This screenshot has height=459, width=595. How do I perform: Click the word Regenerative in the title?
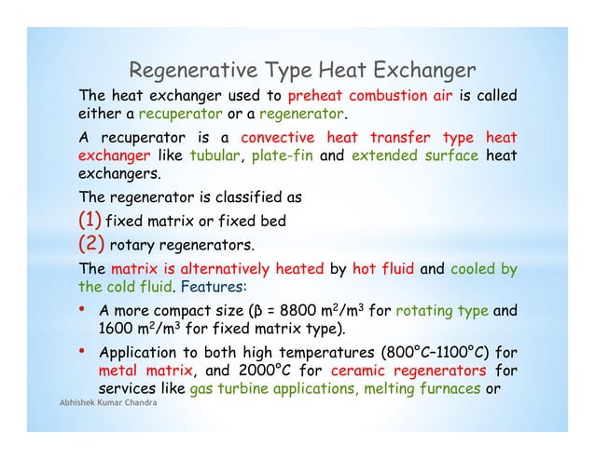(x=187, y=71)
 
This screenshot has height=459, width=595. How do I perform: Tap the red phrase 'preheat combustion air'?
(x=370, y=95)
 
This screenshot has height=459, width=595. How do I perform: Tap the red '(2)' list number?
(x=91, y=246)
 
